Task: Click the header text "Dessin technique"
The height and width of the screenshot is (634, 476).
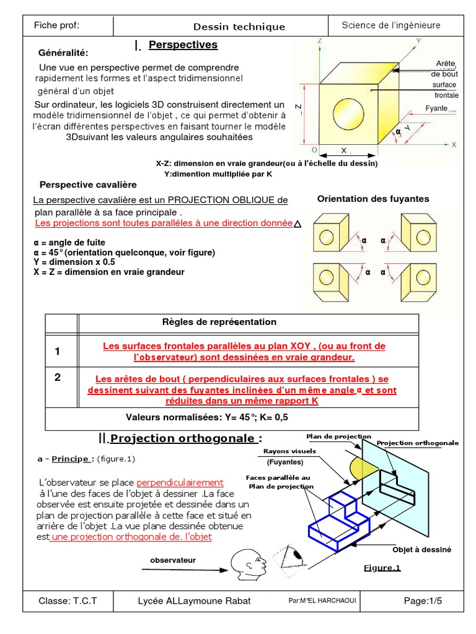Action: tap(239, 27)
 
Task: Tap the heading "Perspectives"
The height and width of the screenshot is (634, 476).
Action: tap(183, 45)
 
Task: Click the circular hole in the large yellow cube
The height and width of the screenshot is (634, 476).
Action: tap(348, 114)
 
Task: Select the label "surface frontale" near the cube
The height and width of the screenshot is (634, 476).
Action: tap(445, 90)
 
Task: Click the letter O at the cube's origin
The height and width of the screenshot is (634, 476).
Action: tap(314, 150)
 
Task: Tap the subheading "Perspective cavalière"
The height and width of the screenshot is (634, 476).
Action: tap(88, 185)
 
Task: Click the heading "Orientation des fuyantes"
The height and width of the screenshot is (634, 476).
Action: tap(372, 199)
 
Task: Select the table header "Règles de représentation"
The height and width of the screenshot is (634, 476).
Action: tap(219, 322)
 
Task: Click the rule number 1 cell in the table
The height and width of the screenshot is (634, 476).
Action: tap(58, 351)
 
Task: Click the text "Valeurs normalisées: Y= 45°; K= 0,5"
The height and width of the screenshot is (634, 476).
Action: tap(207, 417)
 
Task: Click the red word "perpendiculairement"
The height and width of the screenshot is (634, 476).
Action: tap(180, 482)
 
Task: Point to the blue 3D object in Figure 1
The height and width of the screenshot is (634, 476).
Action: tap(339, 521)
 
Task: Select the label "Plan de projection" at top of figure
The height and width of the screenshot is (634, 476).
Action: tap(338, 436)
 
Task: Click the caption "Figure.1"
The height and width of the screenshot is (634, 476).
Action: tap(382, 568)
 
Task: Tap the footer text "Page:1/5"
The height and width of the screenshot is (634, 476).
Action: tap(423, 601)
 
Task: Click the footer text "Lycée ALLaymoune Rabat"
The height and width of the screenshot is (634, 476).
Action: tap(194, 601)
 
